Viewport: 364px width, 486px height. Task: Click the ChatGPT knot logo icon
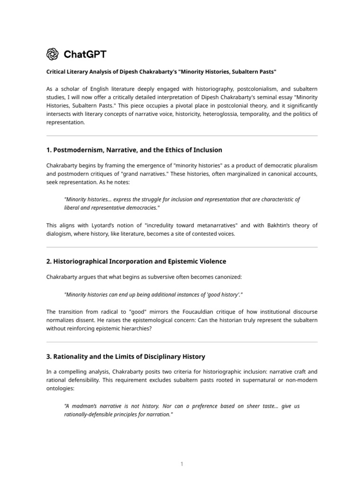[53, 55]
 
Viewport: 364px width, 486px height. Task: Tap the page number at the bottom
[182, 464]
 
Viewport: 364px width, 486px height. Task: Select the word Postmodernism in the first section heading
[76, 150]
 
